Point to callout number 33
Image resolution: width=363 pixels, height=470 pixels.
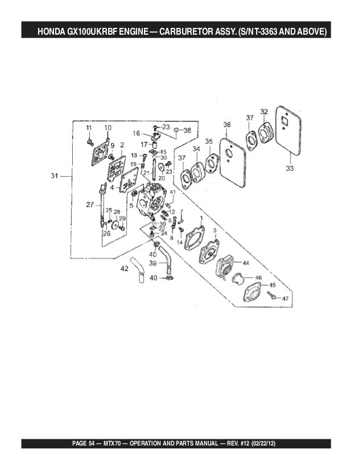click(x=290, y=168)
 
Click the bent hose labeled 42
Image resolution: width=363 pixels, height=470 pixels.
click(x=138, y=271)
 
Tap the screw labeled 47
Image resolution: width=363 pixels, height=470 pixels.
click(x=274, y=296)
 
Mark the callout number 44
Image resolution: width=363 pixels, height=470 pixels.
click(x=246, y=263)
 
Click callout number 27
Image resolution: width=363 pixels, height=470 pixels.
click(x=89, y=204)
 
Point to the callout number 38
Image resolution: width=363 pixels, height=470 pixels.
click(x=187, y=130)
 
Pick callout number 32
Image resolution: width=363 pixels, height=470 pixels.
click(x=264, y=111)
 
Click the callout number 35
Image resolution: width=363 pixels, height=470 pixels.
click(x=209, y=141)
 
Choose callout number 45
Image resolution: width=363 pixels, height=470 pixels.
click(x=273, y=285)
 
